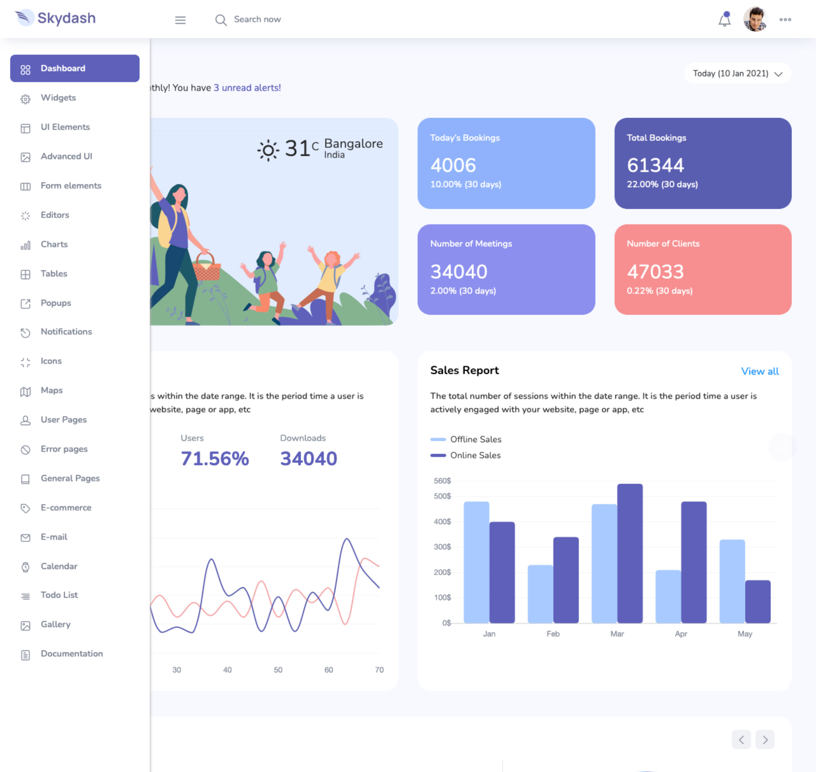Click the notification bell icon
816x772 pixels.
(724, 20)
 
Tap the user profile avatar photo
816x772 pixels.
(755, 19)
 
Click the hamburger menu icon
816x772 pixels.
(180, 20)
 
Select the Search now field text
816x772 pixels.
(257, 19)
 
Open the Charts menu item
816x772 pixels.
(54, 244)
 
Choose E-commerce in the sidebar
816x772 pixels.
(66, 508)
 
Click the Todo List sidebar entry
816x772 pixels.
(59, 595)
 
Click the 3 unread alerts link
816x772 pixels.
(247, 87)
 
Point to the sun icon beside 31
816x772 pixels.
(268, 150)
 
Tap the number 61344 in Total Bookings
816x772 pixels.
(655, 165)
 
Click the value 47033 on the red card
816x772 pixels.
(655, 272)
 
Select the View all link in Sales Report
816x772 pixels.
(760, 371)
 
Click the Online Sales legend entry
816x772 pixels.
(475, 455)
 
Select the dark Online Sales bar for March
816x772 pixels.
(630, 554)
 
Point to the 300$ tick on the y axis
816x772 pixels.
(442, 547)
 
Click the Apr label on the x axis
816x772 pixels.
(681, 634)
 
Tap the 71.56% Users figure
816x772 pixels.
(215, 459)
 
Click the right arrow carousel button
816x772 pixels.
(765, 740)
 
